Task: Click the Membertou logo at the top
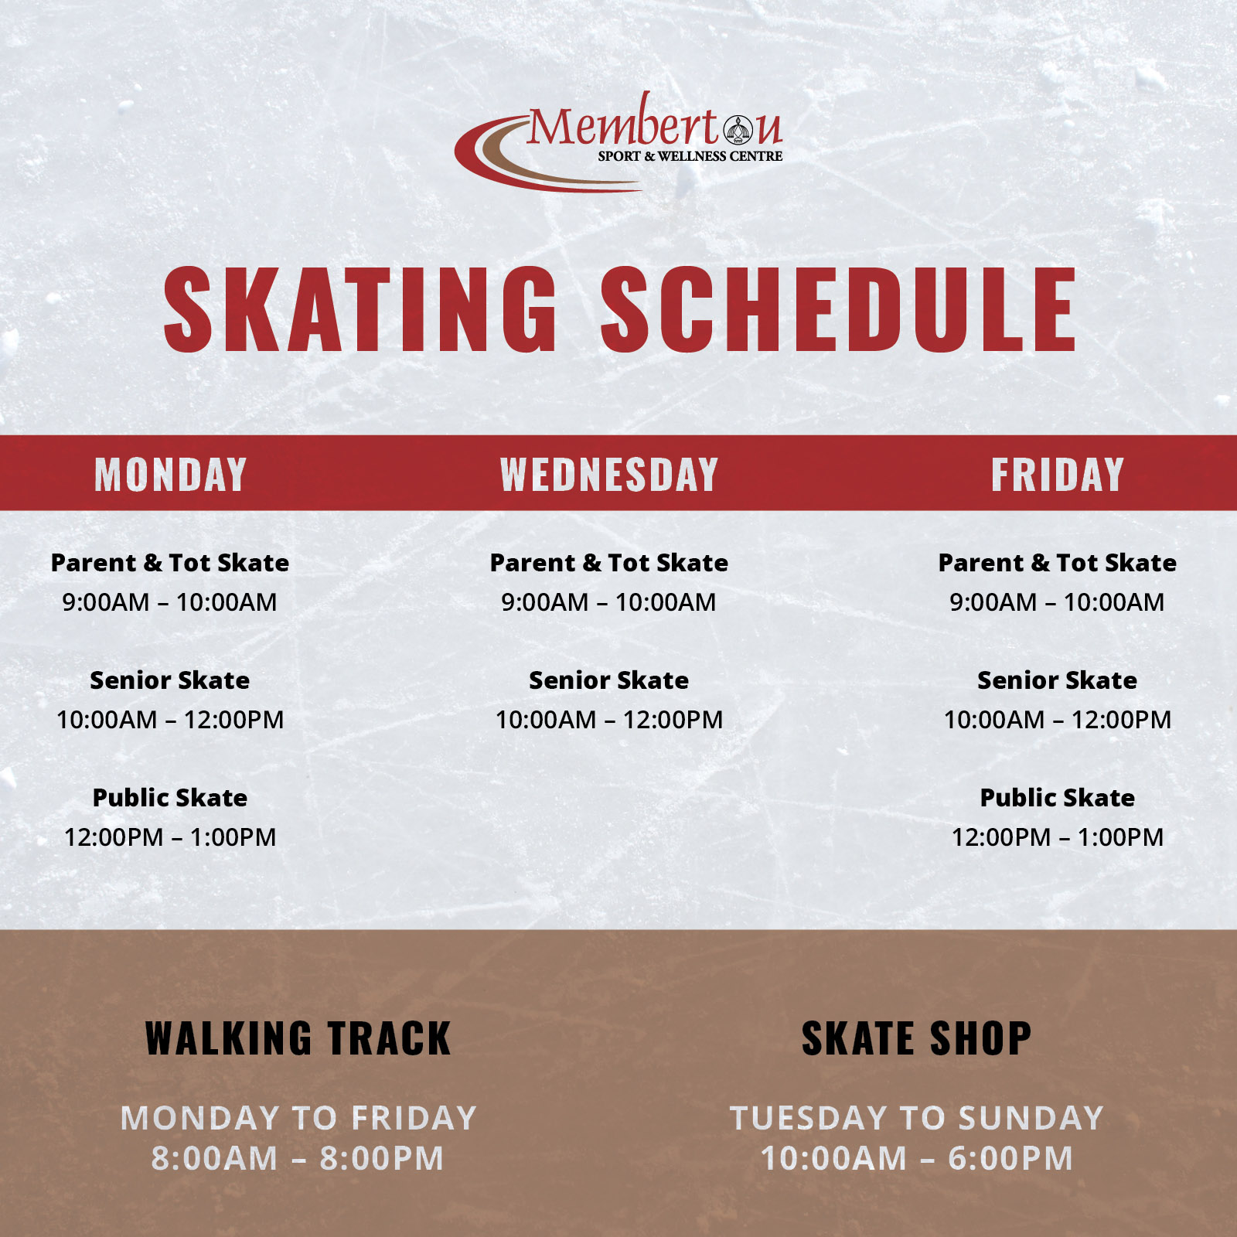[x=618, y=142]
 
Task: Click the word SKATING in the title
[x=360, y=309]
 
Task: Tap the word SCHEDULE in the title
[x=839, y=309]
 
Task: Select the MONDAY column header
[x=170, y=475]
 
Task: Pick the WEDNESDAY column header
[x=609, y=475]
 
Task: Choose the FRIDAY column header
[x=1058, y=475]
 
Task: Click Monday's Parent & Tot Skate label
[x=170, y=563]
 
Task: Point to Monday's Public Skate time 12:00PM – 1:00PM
[x=170, y=837]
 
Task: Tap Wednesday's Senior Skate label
[x=609, y=680]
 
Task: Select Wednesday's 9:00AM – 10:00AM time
[x=609, y=602]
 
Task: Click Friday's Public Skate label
[x=1058, y=798]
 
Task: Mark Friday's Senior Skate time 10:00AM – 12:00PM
[x=1058, y=720]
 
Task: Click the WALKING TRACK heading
[x=298, y=1038]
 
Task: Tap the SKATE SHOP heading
[x=917, y=1038]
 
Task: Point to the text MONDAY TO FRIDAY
[x=298, y=1119]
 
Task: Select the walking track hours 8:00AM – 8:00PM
[x=298, y=1159]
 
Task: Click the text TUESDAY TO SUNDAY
[x=917, y=1119]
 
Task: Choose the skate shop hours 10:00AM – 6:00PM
[x=917, y=1159]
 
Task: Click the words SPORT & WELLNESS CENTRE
[x=690, y=156]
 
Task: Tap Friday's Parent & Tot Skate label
[x=1058, y=563]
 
